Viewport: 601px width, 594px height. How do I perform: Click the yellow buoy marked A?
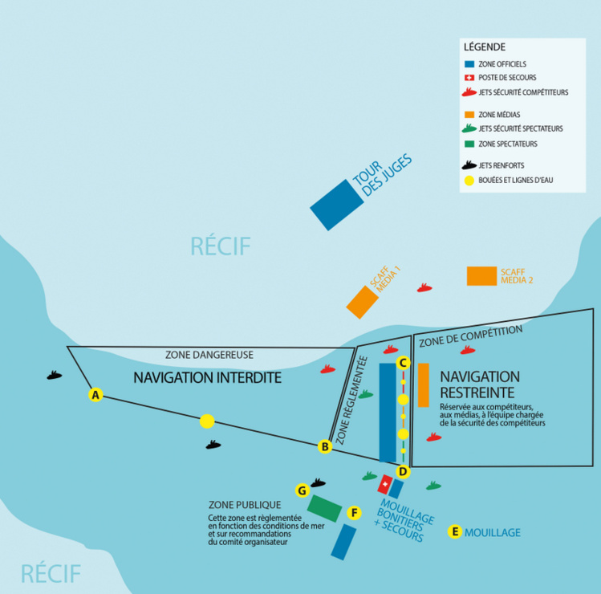coord(95,395)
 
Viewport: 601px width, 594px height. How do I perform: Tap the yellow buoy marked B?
coord(325,447)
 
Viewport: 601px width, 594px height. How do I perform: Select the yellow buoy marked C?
coord(404,363)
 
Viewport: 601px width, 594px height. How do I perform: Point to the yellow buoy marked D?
coord(403,470)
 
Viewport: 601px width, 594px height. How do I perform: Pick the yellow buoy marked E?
coord(455,531)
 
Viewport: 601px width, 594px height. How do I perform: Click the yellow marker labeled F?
coord(353,511)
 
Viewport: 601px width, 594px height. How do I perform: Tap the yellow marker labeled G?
coord(302,490)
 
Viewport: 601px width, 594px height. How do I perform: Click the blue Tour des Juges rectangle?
coord(334,205)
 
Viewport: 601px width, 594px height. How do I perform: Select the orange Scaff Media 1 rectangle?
coord(362,301)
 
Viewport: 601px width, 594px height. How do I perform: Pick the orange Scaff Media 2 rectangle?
coord(481,275)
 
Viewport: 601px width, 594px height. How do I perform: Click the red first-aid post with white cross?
coord(385,485)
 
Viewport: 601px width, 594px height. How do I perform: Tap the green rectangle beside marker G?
coord(324,509)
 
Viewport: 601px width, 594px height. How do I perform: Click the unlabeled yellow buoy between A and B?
coord(207,421)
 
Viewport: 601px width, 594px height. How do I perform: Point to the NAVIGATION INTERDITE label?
coord(207,377)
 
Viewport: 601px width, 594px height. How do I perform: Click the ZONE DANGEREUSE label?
coord(209,354)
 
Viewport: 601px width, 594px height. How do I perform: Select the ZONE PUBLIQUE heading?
coord(244,505)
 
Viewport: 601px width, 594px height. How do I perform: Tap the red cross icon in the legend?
coord(469,78)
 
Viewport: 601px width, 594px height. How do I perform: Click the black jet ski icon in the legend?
coord(469,165)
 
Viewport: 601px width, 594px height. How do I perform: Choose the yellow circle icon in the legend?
coord(469,180)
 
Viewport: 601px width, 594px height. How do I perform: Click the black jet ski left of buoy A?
coord(54,375)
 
